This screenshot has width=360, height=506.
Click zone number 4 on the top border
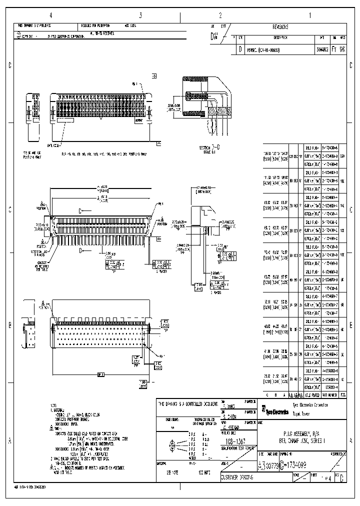tap(50, 15)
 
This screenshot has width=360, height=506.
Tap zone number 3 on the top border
tap(140, 15)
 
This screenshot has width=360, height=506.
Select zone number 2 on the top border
tap(220, 15)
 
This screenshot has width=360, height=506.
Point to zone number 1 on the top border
tap(310, 15)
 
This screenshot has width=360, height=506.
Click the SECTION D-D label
tap(209, 148)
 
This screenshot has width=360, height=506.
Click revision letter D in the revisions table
tap(241, 50)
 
